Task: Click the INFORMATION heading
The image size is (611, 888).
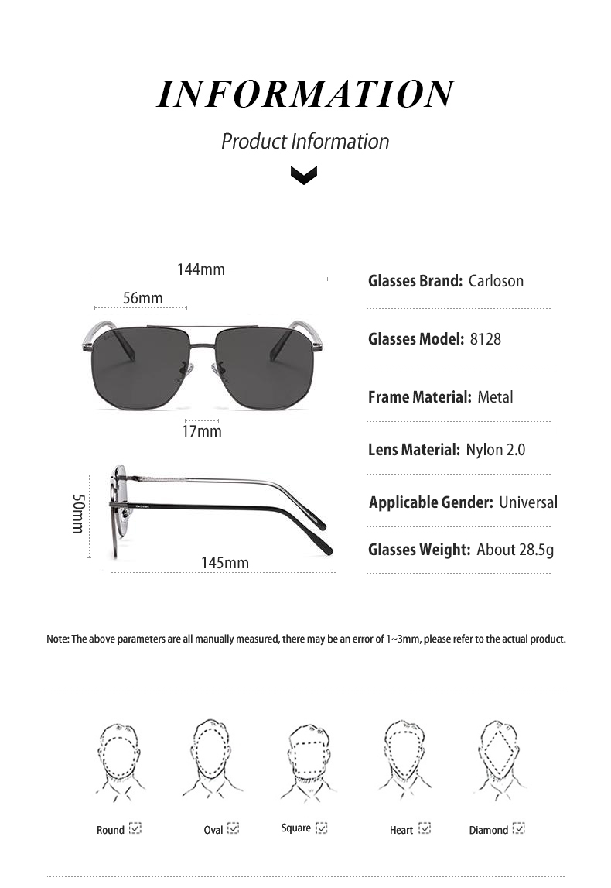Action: pyautogui.click(x=305, y=94)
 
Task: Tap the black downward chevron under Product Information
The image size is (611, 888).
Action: pyautogui.click(x=304, y=177)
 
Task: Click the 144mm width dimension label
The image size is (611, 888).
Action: pyautogui.click(x=201, y=269)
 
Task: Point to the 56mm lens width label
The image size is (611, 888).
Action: pyautogui.click(x=142, y=298)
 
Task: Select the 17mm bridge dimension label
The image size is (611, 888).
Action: pyautogui.click(x=201, y=430)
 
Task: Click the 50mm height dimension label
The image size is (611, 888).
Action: pyautogui.click(x=78, y=513)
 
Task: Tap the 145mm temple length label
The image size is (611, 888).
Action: pyautogui.click(x=225, y=563)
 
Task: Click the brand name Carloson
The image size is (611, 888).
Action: pyautogui.click(x=496, y=281)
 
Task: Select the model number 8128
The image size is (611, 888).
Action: pyautogui.click(x=485, y=338)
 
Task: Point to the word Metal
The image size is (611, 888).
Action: pyautogui.click(x=495, y=397)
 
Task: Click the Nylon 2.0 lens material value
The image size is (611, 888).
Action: pyautogui.click(x=495, y=450)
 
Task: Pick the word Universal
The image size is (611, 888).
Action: pyautogui.click(x=527, y=502)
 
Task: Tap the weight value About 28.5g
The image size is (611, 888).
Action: pyautogui.click(x=515, y=550)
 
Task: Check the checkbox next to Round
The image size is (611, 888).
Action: pyautogui.click(x=135, y=828)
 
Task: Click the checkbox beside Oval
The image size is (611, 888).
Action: pyautogui.click(x=233, y=828)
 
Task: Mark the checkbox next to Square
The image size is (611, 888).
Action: pyautogui.click(x=322, y=828)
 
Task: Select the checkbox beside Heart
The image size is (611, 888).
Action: pyautogui.click(x=424, y=828)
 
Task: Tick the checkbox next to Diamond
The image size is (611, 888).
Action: pyautogui.click(x=519, y=828)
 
